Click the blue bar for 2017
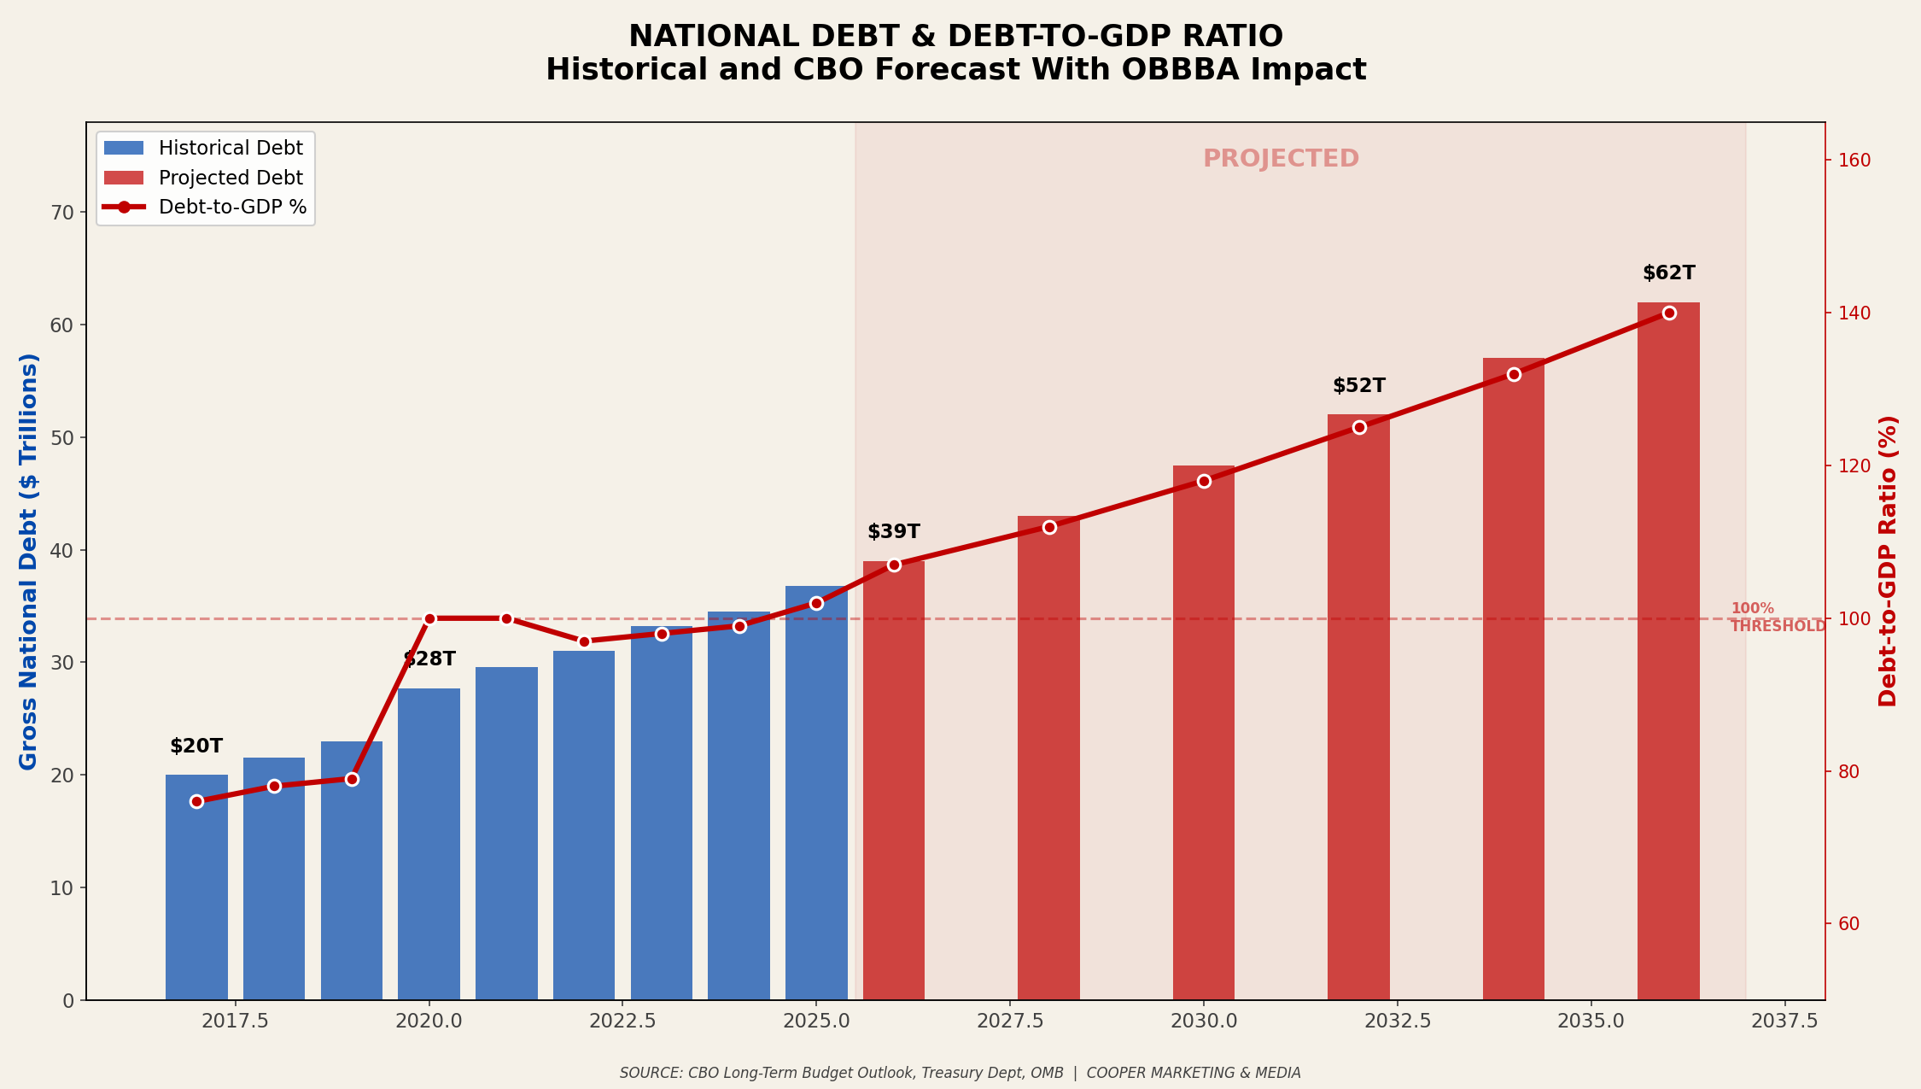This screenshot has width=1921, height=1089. tap(196, 888)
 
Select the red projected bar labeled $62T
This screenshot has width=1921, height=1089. tap(1668, 649)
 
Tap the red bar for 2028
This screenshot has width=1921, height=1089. tap(1048, 760)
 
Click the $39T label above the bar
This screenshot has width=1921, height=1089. tap(894, 532)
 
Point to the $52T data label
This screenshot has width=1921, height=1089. tap(1358, 386)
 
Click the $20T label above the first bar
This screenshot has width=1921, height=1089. tap(196, 746)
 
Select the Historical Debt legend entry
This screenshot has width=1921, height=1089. tap(205, 149)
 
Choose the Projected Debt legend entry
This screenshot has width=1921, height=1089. tap(205, 179)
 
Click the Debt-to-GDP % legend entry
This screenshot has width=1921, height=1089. tap(205, 208)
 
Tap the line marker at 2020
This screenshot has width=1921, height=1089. tap(429, 618)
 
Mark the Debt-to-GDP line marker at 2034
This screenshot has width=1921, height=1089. tap(1514, 374)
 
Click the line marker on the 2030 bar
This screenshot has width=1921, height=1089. tap(1204, 481)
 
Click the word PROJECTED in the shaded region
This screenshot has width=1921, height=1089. tap(1281, 159)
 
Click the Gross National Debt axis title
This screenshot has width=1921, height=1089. tap(29, 561)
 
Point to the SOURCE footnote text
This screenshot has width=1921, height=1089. tap(960, 1073)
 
